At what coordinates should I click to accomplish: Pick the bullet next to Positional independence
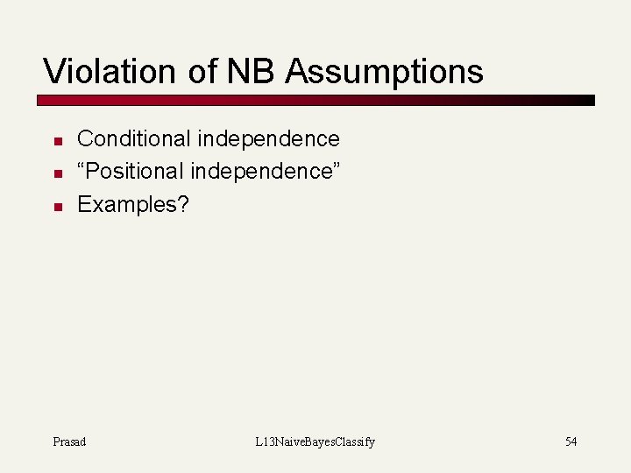[x=55, y=173]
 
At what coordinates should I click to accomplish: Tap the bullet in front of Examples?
[x=55, y=207]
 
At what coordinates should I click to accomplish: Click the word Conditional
[x=134, y=138]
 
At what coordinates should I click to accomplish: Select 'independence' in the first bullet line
[x=268, y=138]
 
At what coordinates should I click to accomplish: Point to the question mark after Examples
[x=184, y=204]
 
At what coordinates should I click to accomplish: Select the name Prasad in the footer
[x=69, y=441]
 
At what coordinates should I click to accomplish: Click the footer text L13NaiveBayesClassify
[x=315, y=441]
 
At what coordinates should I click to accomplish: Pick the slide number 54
[x=571, y=441]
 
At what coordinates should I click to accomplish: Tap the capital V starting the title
[x=53, y=71]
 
